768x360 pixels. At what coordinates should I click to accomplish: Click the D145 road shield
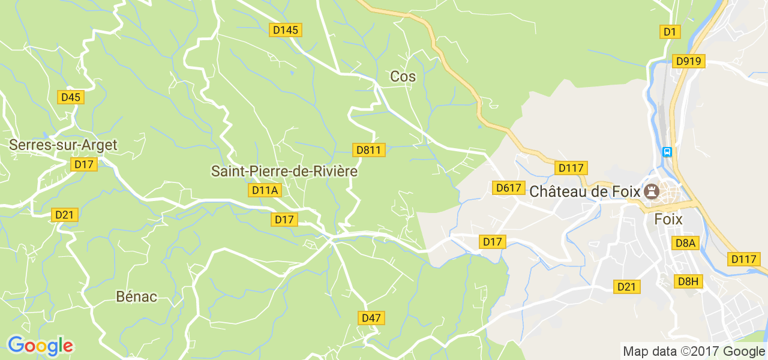pos(286,30)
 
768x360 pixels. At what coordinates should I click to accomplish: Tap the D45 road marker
pos(71,97)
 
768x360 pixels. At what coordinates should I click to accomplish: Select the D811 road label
pos(368,150)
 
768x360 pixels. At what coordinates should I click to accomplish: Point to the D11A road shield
pos(265,191)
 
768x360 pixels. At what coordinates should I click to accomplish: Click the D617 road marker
pos(508,188)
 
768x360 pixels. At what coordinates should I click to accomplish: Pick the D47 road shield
pos(371,318)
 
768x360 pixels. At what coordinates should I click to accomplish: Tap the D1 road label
pos(670,32)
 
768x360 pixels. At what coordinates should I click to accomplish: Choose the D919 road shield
pos(689,61)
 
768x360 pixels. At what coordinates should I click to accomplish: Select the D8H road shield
pos(688,281)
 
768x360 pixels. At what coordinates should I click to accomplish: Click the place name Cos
pos(403,76)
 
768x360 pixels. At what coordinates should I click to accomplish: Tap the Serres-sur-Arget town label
pos(63,145)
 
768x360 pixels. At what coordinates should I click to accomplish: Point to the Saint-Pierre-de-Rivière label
pos(284,171)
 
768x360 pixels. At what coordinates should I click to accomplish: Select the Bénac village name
pos(136,296)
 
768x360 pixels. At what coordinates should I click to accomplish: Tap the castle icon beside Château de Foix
pos(650,191)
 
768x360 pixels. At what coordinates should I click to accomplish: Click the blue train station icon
pos(667,152)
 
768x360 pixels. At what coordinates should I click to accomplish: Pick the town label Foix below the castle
pos(668,219)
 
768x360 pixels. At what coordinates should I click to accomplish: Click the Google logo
pos(40,346)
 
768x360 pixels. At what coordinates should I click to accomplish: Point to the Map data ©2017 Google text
pos(694,352)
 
